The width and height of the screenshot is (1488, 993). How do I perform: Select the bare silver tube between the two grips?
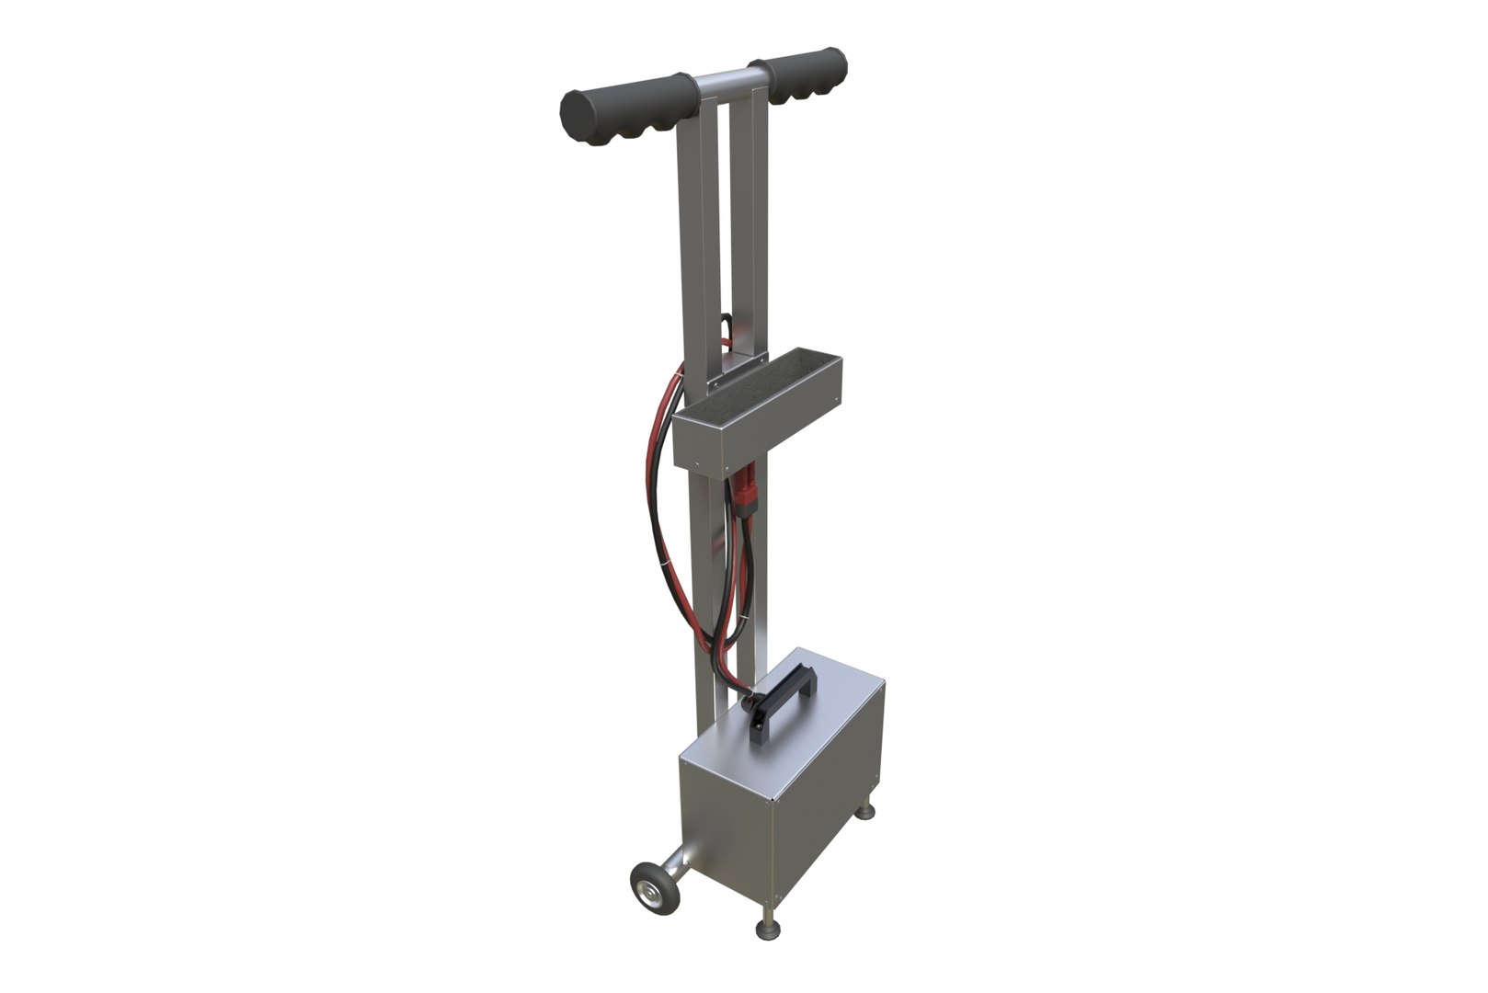click(722, 86)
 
